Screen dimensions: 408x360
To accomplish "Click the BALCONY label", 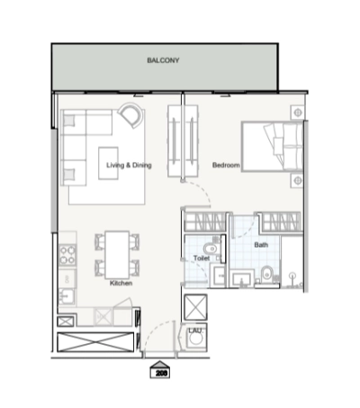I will pyautogui.click(x=164, y=61).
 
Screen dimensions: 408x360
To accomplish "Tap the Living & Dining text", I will pyautogui.click(x=128, y=165).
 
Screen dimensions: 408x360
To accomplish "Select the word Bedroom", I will pyautogui.click(x=225, y=165).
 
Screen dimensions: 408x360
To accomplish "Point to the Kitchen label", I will pyautogui.click(x=121, y=283).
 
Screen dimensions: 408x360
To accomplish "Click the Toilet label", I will pyautogui.click(x=202, y=258).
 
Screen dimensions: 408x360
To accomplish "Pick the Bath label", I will pyautogui.click(x=261, y=244).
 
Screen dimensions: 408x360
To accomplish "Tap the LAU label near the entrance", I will pyautogui.click(x=194, y=331).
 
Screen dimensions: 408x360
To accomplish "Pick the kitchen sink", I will pyautogui.click(x=67, y=295).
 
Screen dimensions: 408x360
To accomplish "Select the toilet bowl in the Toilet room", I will pyautogui.click(x=208, y=247).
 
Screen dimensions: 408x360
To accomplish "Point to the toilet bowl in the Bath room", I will pyautogui.click(x=269, y=277).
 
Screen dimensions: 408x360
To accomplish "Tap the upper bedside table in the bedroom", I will pyautogui.click(x=296, y=112).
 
